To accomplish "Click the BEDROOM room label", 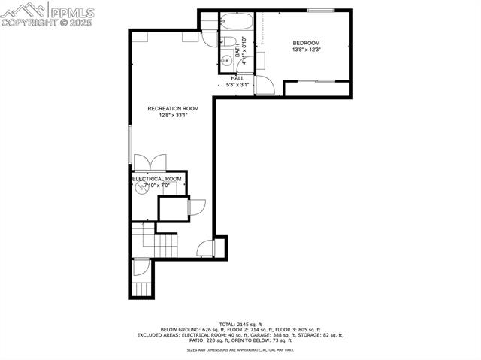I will pos(306,43).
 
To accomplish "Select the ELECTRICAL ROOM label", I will pos(157,179).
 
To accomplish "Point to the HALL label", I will pos(237,78).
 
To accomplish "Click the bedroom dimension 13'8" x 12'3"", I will pos(306,50).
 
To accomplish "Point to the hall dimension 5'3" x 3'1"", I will pos(237,85).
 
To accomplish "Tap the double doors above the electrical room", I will pos(147,162).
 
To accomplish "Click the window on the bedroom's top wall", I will pos(320,10).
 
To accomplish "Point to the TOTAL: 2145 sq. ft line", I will pos(240,324).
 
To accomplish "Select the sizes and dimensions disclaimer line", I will pos(240,350).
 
